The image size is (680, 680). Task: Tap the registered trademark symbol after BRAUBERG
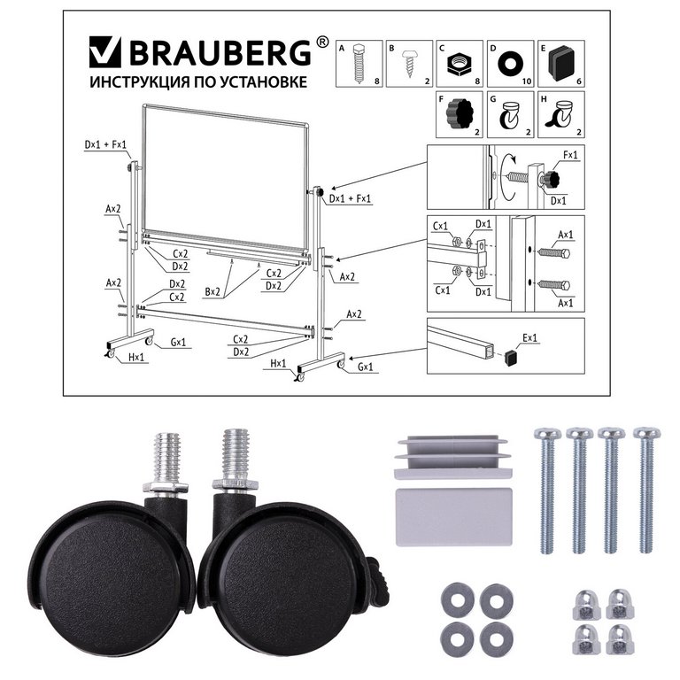[x=322, y=42]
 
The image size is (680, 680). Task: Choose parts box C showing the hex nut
[x=460, y=63]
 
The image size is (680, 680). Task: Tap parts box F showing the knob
[x=460, y=116]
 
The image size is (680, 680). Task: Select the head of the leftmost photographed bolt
[x=544, y=434]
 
